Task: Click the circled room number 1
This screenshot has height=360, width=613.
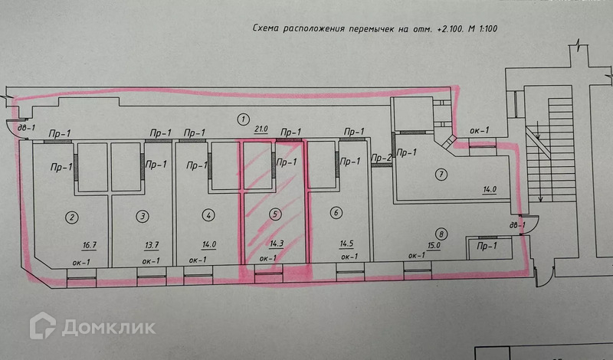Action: click(x=242, y=119)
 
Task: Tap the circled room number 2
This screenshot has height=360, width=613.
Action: click(x=71, y=217)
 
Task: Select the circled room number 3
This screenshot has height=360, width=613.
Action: click(x=143, y=217)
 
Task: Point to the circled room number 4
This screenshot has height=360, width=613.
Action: click(x=209, y=216)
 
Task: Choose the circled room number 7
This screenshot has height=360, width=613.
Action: click(x=441, y=174)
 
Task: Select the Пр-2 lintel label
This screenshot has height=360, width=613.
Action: click(x=381, y=159)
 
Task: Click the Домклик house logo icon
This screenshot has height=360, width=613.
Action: click(x=43, y=326)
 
